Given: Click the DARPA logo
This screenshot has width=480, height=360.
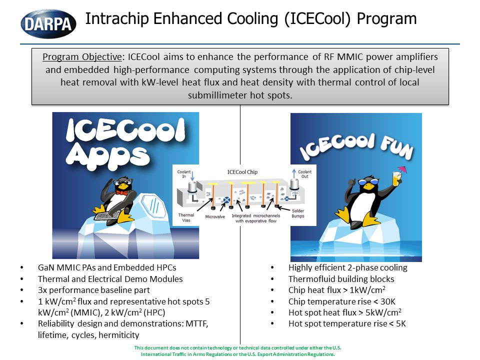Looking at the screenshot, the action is point(48,24).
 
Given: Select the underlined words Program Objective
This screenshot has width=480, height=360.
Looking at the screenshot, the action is point(82,57).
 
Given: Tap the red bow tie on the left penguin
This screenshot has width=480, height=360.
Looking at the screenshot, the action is point(121,192).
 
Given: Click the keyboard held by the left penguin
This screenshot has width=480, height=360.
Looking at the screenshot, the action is point(107,215).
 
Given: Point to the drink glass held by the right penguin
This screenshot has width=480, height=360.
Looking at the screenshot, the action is point(396,179).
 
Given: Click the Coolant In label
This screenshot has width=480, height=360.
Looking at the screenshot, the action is point(184,174).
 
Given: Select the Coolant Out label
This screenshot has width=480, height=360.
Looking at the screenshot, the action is point(304,174).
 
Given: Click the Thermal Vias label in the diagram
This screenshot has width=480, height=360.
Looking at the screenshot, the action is point(186,217).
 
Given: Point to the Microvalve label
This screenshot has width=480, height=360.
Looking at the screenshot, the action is point(215,216).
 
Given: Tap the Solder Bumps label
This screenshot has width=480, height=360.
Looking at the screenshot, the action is point(298,213).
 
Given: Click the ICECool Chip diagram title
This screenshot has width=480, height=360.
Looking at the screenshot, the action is point(242,172).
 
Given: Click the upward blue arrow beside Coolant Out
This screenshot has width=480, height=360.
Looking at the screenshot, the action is point(294,173).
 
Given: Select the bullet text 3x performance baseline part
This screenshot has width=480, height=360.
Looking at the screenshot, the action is point(94,290).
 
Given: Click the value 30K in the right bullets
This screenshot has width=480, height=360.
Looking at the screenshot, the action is point(388,301).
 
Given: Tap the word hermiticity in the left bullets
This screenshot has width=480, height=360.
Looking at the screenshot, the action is point(119,335).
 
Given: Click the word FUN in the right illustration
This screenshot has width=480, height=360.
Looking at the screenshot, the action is point(397,147).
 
